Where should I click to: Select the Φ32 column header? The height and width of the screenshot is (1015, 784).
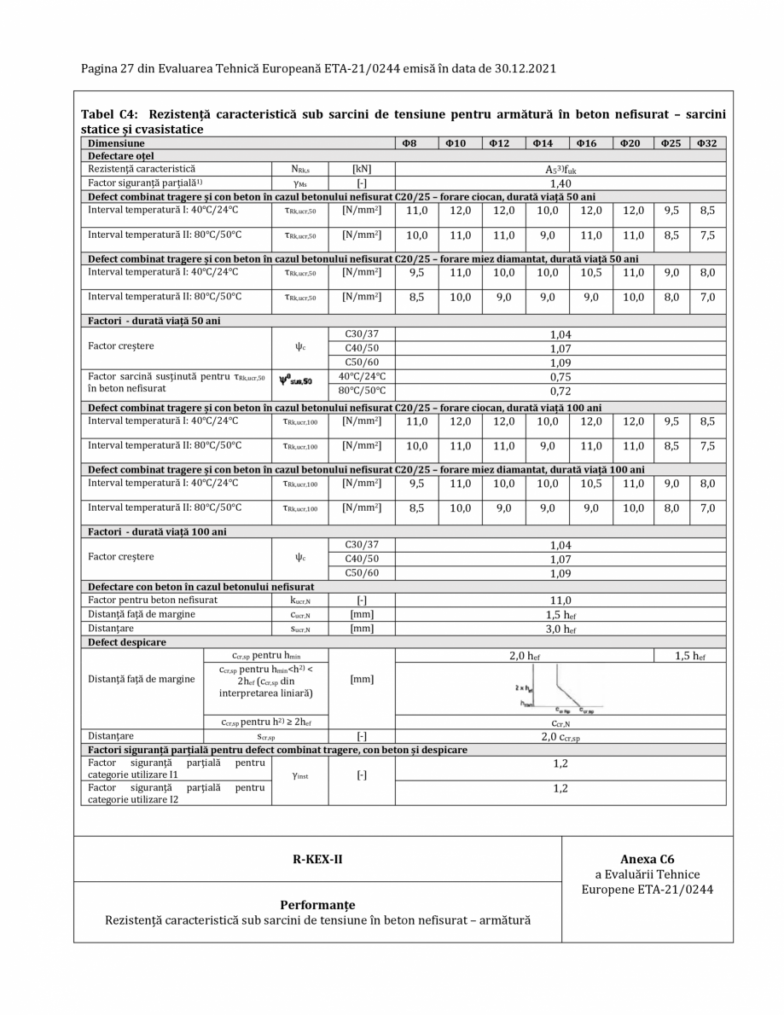706,144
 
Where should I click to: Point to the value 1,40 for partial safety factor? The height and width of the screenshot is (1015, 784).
560,183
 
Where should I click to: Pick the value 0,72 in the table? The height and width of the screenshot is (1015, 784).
560,391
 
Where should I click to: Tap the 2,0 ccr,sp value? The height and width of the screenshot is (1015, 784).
560,736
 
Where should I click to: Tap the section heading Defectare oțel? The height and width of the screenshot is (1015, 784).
114,157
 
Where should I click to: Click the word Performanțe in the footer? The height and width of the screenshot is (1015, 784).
317,904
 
